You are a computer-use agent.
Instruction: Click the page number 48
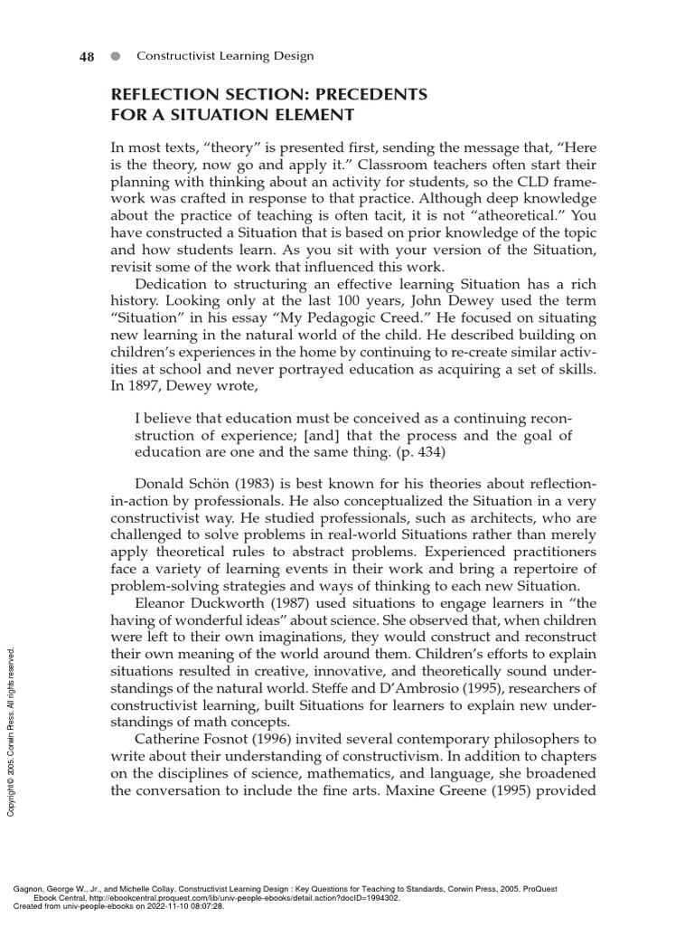tap(88, 56)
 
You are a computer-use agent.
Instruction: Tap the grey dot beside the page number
tap(115, 56)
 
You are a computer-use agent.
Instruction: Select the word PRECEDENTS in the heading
tap(364, 95)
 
